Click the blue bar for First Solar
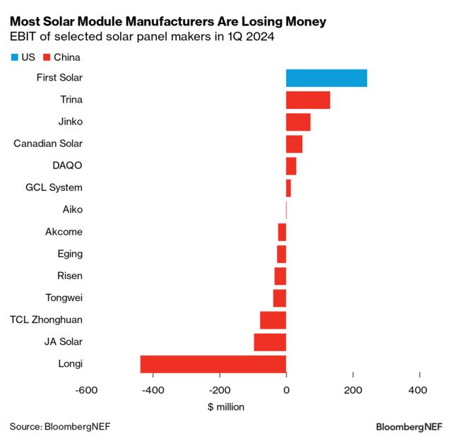[x=326, y=78]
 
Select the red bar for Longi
[x=213, y=364]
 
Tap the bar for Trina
[x=308, y=100]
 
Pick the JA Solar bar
[x=270, y=342]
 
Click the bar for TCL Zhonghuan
[x=273, y=320]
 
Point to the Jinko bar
[x=298, y=122]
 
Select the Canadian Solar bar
[x=294, y=143]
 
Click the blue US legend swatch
[x=15, y=57]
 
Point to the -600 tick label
[x=86, y=390]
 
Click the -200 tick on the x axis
[x=219, y=390]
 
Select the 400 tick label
[x=418, y=390]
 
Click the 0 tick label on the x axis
[x=286, y=390]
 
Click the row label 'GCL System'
[x=54, y=187]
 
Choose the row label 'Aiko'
[x=71, y=210]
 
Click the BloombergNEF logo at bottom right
[x=409, y=427]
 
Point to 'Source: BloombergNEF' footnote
[x=60, y=426]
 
